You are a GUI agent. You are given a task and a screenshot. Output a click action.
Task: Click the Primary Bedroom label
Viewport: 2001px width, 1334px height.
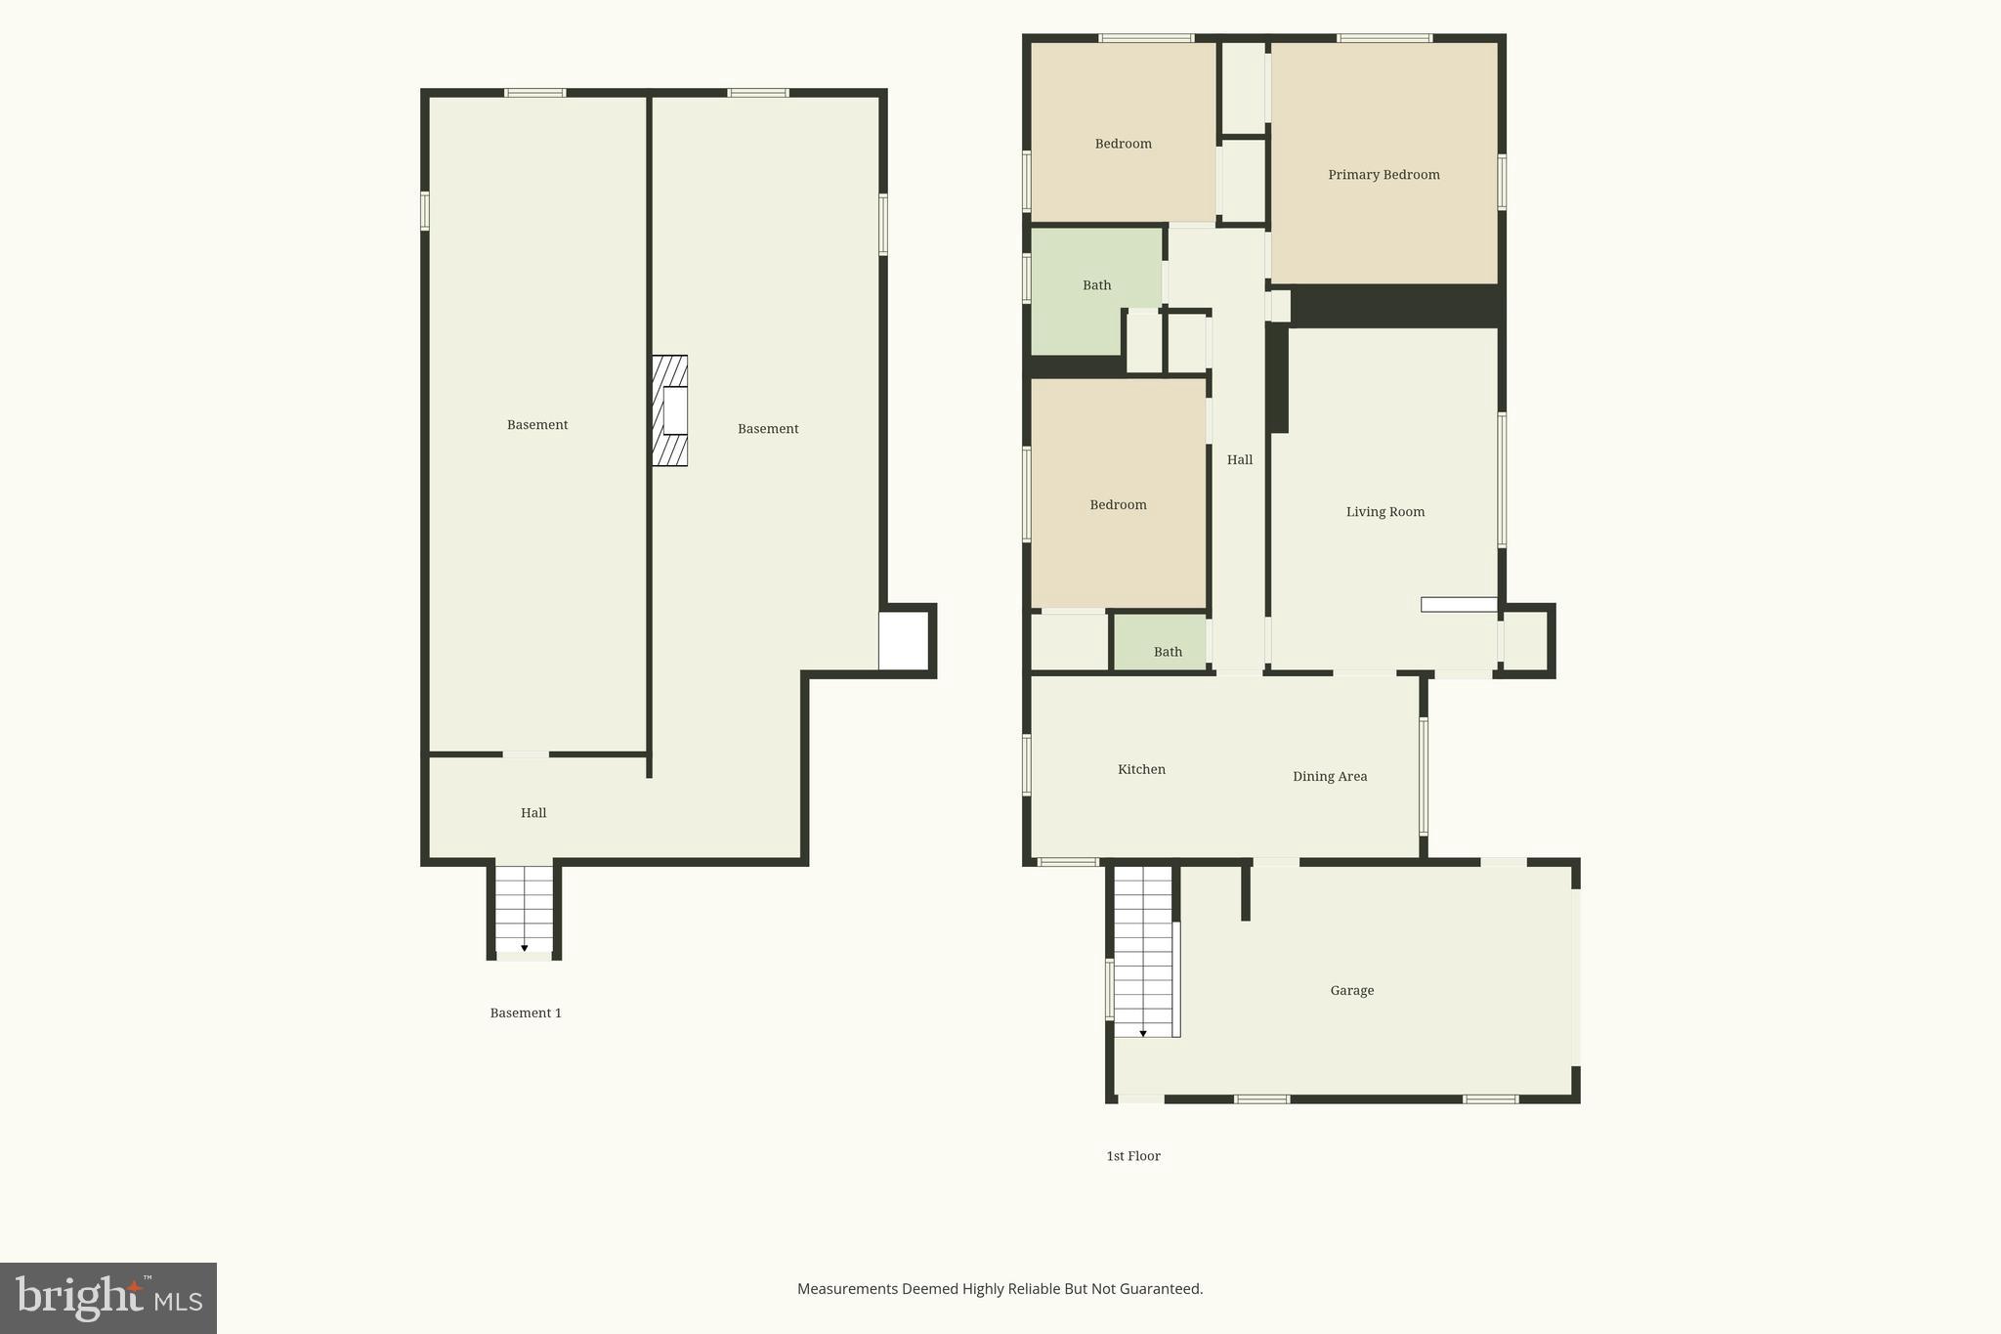1384,175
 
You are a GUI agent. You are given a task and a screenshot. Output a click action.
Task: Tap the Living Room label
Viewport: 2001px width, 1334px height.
1384,512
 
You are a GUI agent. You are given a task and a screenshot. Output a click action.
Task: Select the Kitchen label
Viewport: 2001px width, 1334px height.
1141,770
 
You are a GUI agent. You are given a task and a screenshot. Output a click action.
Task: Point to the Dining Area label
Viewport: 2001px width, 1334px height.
1329,777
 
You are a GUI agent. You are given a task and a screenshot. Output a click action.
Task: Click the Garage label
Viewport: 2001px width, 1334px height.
1351,991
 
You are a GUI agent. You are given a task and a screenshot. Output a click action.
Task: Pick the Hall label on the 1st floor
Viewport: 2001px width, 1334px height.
1239,460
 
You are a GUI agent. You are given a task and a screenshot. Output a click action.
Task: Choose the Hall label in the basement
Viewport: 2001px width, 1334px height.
533,813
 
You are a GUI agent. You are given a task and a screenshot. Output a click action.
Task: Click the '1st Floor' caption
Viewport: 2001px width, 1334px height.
1132,1156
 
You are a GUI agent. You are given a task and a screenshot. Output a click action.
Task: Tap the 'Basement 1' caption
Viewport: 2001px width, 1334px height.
526,1013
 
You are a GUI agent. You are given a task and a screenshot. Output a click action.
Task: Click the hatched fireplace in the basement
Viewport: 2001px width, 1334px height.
669,410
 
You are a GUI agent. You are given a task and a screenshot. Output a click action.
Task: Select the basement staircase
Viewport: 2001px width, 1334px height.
525,909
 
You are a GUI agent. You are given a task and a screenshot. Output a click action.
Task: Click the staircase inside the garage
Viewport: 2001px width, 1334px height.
1143,952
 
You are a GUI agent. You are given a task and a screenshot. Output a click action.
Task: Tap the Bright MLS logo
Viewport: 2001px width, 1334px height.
108,1298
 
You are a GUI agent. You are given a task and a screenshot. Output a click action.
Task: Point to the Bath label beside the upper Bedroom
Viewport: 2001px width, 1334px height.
1096,285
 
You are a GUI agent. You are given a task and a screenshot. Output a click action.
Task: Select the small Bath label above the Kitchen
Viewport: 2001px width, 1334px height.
1168,652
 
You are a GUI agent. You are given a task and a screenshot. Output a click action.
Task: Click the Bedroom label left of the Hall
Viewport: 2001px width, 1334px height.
1118,505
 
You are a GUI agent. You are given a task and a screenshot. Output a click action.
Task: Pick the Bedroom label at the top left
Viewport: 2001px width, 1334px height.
1123,144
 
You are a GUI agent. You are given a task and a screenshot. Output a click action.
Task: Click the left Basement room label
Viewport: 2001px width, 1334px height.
536,425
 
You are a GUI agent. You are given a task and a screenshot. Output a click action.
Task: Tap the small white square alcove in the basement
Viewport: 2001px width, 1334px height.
903,641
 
